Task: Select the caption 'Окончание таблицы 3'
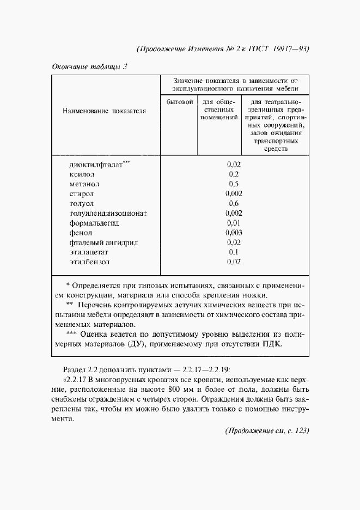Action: click(x=89, y=68)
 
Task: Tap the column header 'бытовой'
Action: click(x=180, y=102)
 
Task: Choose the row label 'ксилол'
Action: click(x=82, y=174)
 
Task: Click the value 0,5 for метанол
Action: click(x=234, y=184)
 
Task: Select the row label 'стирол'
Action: click(x=82, y=193)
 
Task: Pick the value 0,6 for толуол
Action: click(x=234, y=203)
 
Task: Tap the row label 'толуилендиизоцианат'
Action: click(x=108, y=213)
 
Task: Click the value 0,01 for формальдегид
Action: click(x=234, y=223)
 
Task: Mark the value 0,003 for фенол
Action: click(x=234, y=233)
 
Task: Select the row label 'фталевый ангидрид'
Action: click(x=103, y=242)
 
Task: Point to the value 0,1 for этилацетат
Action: click(x=234, y=252)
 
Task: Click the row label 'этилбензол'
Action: click(x=89, y=262)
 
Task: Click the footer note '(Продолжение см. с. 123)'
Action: click(x=267, y=430)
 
